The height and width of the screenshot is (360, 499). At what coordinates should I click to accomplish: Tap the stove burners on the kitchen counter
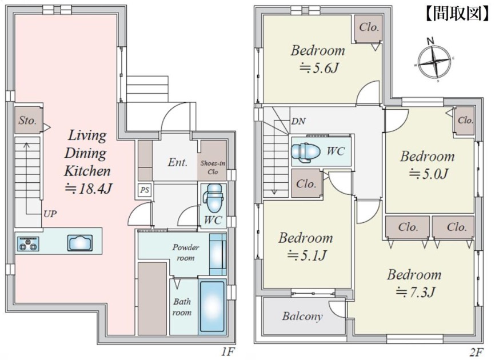click(x=29, y=244)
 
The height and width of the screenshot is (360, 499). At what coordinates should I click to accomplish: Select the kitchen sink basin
click(x=80, y=243)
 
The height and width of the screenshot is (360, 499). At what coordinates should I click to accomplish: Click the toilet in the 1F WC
click(x=214, y=198)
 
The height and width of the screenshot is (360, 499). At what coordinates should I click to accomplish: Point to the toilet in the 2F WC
click(x=306, y=151)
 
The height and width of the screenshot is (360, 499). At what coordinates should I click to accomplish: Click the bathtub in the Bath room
click(x=212, y=307)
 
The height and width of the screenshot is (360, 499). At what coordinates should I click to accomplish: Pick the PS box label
click(x=145, y=190)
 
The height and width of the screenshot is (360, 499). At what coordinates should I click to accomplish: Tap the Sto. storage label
click(x=27, y=120)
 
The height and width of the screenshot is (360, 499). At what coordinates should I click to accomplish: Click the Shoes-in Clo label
click(x=213, y=167)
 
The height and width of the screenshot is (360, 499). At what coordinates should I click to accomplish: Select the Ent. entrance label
click(x=177, y=162)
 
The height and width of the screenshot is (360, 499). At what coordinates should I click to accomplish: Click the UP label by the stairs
click(x=50, y=214)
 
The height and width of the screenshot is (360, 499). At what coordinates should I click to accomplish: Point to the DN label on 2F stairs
click(x=298, y=121)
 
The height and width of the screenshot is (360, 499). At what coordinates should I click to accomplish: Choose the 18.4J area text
click(x=88, y=189)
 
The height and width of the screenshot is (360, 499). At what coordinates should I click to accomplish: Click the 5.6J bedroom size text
click(x=318, y=68)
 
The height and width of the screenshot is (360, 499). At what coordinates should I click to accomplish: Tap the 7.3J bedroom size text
click(x=416, y=291)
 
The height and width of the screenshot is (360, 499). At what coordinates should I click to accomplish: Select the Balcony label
click(x=302, y=317)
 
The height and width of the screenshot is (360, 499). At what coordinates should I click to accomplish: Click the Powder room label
click(x=186, y=253)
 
